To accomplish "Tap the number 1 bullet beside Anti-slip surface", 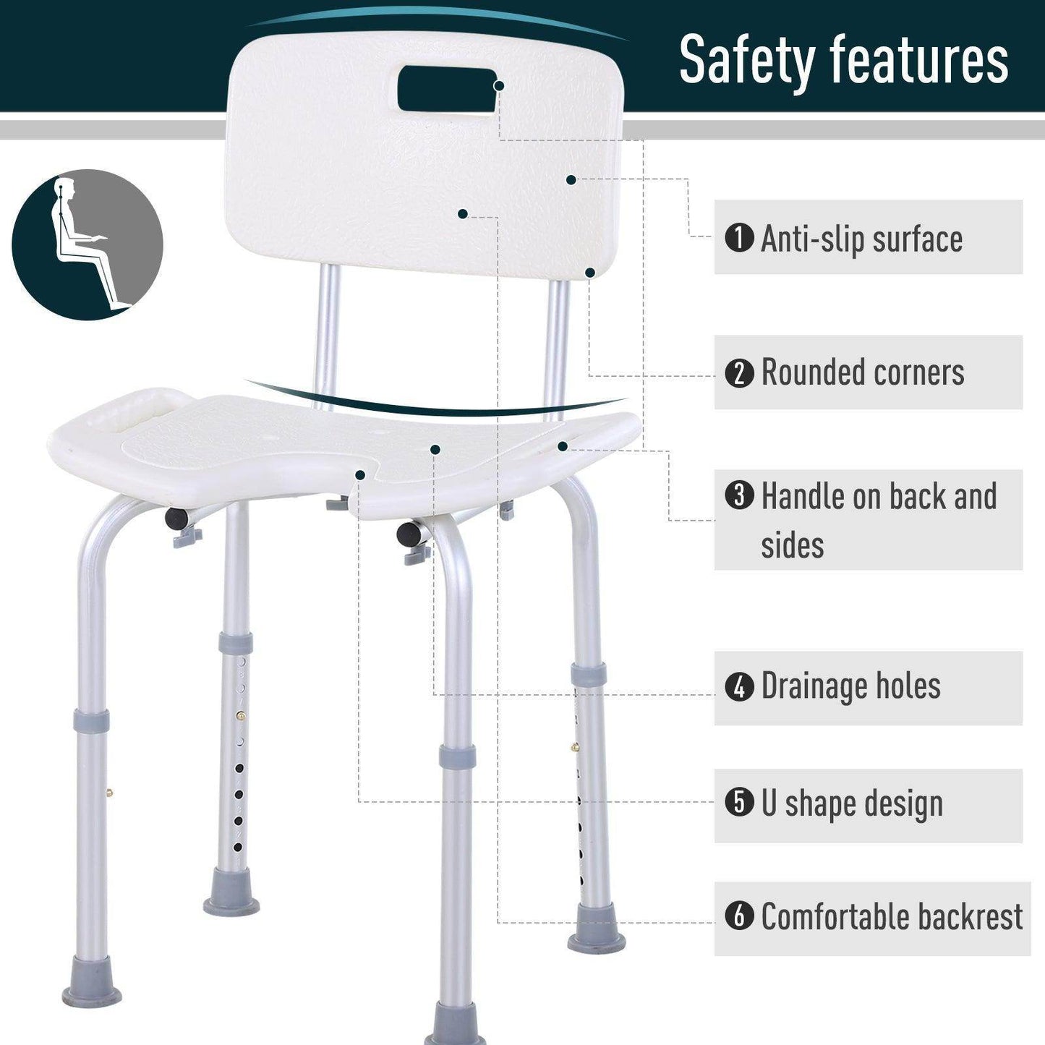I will pyautogui.click(x=739, y=238).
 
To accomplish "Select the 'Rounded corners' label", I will pyautogui.click(x=863, y=373).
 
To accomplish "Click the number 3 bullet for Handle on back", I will pyautogui.click(x=739, y=496).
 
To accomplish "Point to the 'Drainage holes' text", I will pyautogui.click(x=850, y=686).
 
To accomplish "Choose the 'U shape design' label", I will pyautogui.click(x=852, y=804).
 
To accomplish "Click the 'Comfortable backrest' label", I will pyautogui.click(x=892, y=917).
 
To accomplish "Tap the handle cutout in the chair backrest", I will pyautogui.click(x=448, y=88).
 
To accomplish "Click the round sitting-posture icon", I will pyautogui.click(x=87, y=245).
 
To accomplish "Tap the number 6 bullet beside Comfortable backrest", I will pyautogui.click(x=739, y=916).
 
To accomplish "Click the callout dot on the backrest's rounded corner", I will pyautogui.click(x=590, y=273).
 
